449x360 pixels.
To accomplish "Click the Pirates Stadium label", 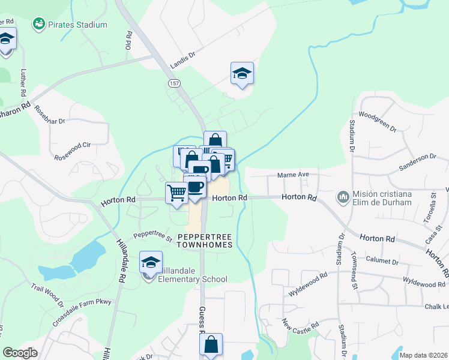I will tap(78, 25).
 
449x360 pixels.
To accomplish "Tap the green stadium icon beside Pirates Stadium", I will tap(39, 24).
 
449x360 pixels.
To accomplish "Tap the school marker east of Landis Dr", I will tap(242, 74).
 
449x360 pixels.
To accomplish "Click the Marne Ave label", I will tap(292, 175).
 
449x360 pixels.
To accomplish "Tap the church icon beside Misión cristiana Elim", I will tap(343, 197).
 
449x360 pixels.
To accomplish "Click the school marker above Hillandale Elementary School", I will tap(151, 262).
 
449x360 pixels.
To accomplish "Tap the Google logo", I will tap(20, 353).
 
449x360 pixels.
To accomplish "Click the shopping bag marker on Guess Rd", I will tap(211, 345).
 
